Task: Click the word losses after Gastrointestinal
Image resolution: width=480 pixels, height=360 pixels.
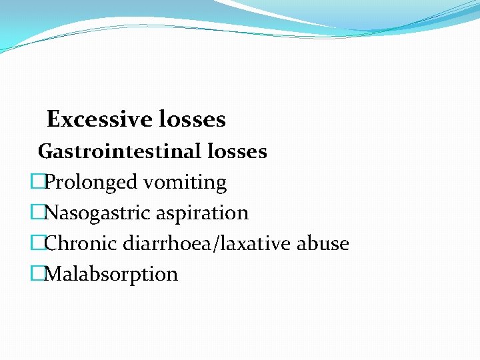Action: coord(237,152)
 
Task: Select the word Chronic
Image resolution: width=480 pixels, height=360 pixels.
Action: coord(81,243)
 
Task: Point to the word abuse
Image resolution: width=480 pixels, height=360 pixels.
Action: coord(323,243)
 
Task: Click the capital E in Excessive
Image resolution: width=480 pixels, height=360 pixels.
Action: coord(53,120)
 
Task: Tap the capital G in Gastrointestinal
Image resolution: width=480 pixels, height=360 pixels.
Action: coord(45,152)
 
